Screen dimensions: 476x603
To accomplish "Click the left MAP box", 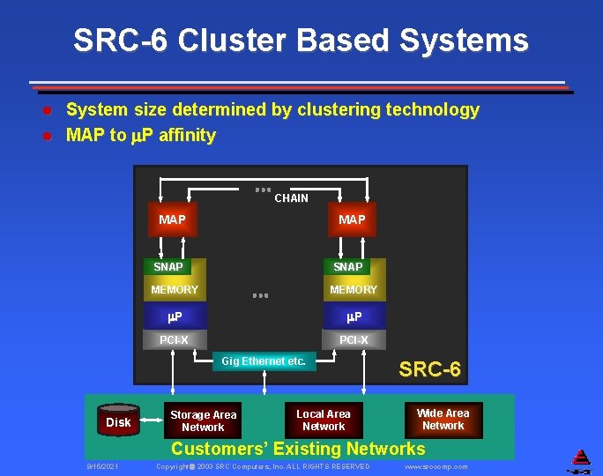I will click(172, 219).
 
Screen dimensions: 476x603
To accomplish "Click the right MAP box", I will click(352, 219).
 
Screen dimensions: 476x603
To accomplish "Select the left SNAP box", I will click(168, 266).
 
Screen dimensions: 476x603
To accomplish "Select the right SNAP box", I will click(347, 266).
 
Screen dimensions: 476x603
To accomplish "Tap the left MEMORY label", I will click(175, 289).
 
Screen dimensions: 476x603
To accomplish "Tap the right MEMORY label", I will click(353, 289).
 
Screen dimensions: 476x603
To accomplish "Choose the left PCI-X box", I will click(174, 339).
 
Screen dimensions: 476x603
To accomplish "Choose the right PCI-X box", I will click(354, 339).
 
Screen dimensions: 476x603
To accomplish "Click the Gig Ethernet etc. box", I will click(264, 361).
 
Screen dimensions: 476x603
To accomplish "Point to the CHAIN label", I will click(291, 198).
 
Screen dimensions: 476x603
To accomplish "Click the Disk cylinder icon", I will click(119, 421).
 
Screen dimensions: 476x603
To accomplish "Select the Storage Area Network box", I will click(203, 420).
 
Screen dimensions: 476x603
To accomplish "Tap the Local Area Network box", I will click(323, 420).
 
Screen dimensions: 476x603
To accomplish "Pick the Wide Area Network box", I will click(443, 419).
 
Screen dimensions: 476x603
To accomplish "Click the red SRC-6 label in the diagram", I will click(429, 369).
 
